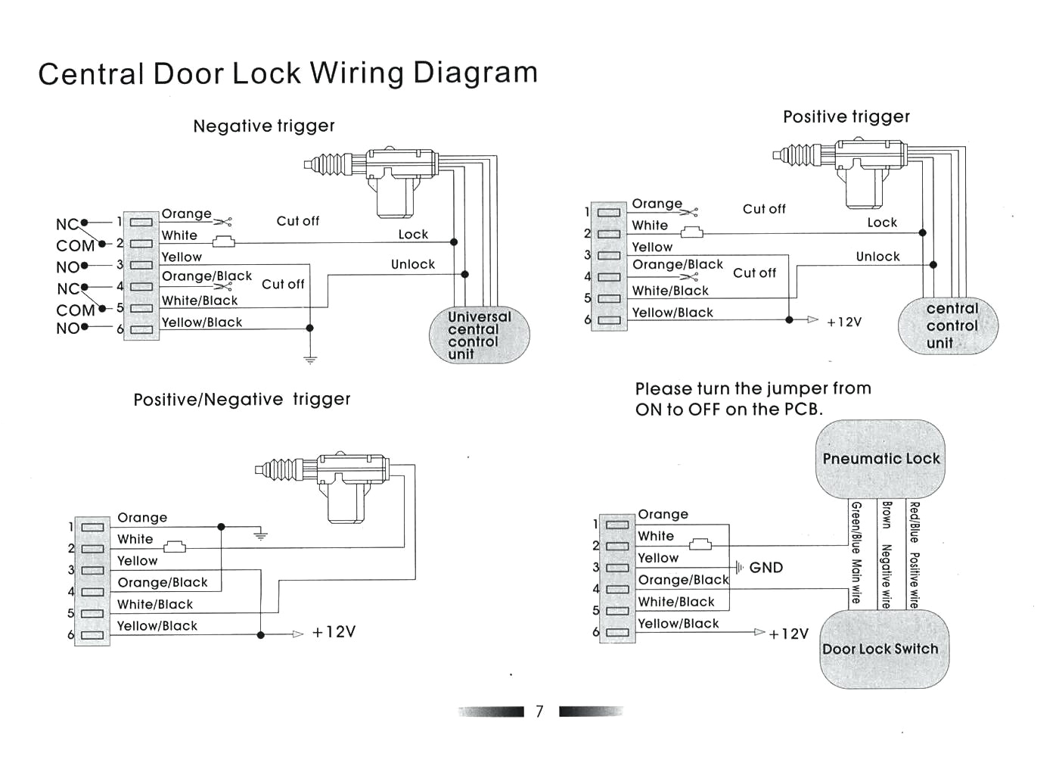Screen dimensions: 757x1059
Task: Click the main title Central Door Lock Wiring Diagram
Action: point(287,73)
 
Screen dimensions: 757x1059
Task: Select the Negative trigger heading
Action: point(263,126)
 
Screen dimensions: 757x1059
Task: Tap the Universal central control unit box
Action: point(479,335)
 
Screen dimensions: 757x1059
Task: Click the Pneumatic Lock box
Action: point(880,459)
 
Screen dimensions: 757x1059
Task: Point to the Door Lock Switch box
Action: point(880,650)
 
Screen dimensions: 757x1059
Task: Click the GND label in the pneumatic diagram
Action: point(766,568)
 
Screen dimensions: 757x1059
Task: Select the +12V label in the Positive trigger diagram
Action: point(844,322)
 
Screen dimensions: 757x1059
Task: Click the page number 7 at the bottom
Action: point(539,712)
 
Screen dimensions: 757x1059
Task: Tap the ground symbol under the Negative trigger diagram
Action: point(310,359)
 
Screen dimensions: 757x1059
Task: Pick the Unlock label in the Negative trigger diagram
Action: point(413,264)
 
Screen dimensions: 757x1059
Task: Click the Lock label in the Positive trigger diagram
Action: point(882,223)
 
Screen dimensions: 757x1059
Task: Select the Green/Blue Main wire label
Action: point(856,553)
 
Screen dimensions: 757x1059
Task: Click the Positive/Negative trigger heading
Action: point(242,400)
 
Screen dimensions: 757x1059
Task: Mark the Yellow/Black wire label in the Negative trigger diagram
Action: point(202,322)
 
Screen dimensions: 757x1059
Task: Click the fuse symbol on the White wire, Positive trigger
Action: point(691,233)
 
